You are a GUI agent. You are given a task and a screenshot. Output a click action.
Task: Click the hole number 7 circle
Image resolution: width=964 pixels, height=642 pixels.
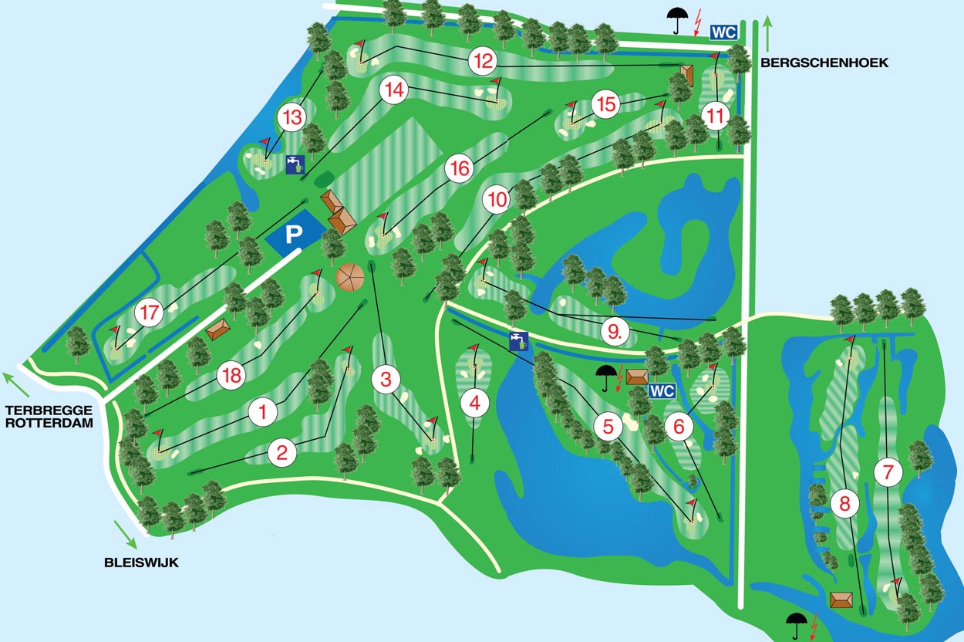coord(889,470)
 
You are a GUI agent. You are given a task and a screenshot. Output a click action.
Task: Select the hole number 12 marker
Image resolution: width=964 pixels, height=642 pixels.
coord(484,60)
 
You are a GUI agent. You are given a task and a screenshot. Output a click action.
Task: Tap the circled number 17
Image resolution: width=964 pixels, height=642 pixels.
coord(150,314)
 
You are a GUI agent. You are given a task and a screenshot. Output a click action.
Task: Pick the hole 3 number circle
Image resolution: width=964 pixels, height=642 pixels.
coord(386,378)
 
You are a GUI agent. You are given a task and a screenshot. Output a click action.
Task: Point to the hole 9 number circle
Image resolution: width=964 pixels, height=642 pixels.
coord(615,332)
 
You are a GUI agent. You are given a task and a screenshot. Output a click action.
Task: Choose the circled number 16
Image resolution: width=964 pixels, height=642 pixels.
coord(460,168)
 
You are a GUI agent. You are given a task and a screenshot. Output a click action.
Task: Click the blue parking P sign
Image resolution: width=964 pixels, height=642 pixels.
coord(293,235)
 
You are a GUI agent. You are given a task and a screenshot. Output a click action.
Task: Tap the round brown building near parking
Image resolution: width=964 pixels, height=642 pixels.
coord(351,277)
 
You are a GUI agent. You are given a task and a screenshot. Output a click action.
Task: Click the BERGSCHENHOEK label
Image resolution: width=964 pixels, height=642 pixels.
coord(824,63)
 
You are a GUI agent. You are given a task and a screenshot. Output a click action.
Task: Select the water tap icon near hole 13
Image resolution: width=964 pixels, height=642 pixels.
coord(295,164)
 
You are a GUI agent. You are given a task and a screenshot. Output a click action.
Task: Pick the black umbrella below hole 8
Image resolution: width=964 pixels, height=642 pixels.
coord(797,623)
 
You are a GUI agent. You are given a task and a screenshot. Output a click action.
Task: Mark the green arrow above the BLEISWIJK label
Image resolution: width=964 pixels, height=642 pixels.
coord(123,533)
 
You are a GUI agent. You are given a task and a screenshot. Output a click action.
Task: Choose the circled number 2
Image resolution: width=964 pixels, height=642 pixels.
coord(281,453)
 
